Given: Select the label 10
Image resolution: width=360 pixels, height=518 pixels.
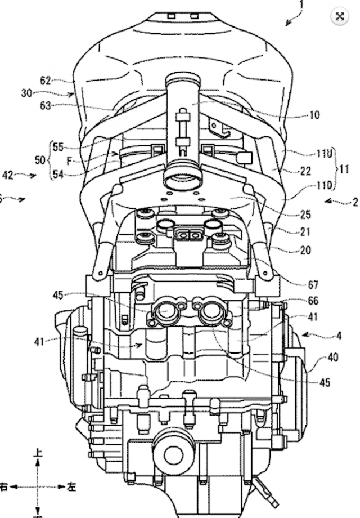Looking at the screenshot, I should [x=314, y=115].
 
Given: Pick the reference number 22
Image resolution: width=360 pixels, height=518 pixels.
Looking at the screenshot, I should [x=305, y=172].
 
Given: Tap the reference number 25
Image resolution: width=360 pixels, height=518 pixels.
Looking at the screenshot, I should [x=305, y=215].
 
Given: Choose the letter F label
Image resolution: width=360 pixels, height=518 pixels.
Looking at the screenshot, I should [x=69, y=160].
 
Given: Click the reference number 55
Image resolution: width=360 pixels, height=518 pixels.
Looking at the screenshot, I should [x=58, y=147].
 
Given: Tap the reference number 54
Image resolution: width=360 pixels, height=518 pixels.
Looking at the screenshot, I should [x=58, y=174].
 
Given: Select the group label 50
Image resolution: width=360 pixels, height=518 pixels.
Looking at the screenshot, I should [x=40, y=160].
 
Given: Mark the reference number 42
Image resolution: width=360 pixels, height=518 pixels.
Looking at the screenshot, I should [x=8, y=175].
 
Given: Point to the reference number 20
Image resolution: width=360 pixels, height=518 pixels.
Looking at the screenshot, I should [x=305, y=251].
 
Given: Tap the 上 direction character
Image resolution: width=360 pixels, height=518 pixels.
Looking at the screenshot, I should [x=38, y=452].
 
